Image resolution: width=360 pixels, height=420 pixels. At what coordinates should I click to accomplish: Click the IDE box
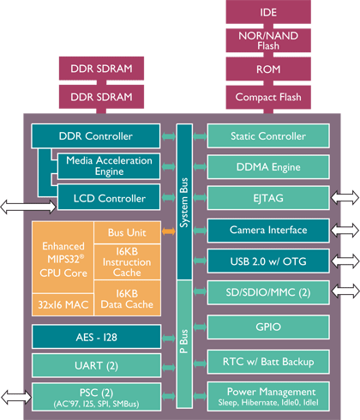pyautogui.click(x=268, y=12)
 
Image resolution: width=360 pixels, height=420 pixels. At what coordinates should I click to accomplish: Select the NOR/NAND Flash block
pyautogui.click(x=268, y=40)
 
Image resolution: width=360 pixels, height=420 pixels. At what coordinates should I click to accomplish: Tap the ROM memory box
pyautogui.click(x=268, y=69)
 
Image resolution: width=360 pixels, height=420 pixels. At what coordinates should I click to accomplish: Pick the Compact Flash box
pyautogui.click(x=268, y=97)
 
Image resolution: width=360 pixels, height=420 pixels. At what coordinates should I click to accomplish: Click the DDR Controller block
pyautogui.click(x=95, y=136)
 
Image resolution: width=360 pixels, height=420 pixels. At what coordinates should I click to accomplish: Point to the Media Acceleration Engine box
pyautogui.click(x=109, y=166)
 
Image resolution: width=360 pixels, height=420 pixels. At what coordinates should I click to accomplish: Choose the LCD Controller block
pyautogui.click(x=109, y=198)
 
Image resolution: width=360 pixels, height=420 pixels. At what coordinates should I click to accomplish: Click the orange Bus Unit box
pyautogui.click(x=127, y=232)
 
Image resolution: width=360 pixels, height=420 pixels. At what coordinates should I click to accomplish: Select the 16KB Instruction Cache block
pyautogui.click(x=127, y=261)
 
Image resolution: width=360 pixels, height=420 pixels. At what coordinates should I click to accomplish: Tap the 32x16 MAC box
pyautogui.click(x=63, y=304)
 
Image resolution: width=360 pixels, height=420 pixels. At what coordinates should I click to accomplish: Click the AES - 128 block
pyautogui.click(x=96, y=337)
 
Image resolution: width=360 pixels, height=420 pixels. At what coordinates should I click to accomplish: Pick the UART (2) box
pyautogui.click(x=96, y=365)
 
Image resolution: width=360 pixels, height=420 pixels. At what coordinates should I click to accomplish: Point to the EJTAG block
pyautogui.click(x=268, y=198)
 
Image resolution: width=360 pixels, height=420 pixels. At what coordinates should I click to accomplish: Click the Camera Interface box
pyautogui.click(x=268, y=231)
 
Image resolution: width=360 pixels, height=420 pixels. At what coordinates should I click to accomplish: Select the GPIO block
pyautogui.click(x=268, y=327)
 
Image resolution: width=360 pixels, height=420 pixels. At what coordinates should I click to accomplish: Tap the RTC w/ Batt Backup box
pyautogui.click(x=268, y=362)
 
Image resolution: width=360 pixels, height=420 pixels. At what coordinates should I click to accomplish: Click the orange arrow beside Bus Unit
pyautogui.click(x=169, y=231)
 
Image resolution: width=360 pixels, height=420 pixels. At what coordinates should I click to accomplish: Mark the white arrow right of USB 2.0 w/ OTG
pyautogui.click(x=345, y=261)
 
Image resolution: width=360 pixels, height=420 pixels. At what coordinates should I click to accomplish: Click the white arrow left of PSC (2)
pyautogui.click(x=16, y=397)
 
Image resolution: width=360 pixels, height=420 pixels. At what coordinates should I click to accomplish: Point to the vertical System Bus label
pyautogui.click(x=184, y=202)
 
